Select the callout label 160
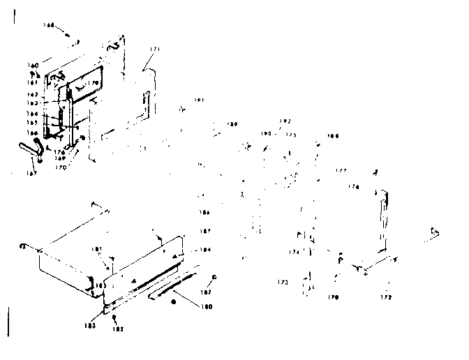click(33, 65)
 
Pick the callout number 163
click(33, 103)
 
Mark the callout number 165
click(33, 122)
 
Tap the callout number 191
click(199, 100)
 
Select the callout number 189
click(232, 124)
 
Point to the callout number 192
click(284, 121)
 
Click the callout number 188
click(334, 136)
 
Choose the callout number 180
click(207, 306)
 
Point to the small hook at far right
click(436, 232)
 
